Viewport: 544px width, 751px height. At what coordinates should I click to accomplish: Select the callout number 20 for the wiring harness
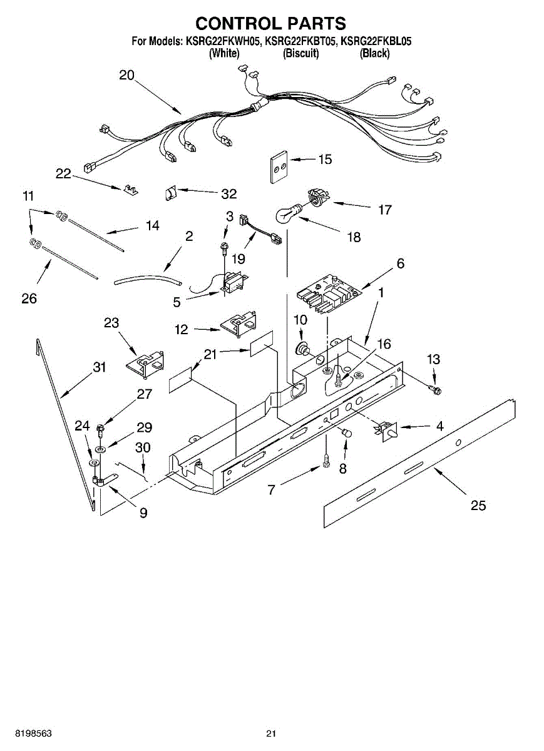coord(126,76)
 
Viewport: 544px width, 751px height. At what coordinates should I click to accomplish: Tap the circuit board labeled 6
coord(328,294)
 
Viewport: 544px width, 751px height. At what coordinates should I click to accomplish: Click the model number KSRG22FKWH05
coord(222,42)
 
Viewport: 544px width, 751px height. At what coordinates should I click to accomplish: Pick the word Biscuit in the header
coord(301,54)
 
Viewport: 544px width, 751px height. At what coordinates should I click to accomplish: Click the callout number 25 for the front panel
coord(478,505)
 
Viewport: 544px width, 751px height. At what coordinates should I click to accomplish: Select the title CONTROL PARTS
coord(271,24)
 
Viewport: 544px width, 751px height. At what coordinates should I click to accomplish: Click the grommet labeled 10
coord(303,346)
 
